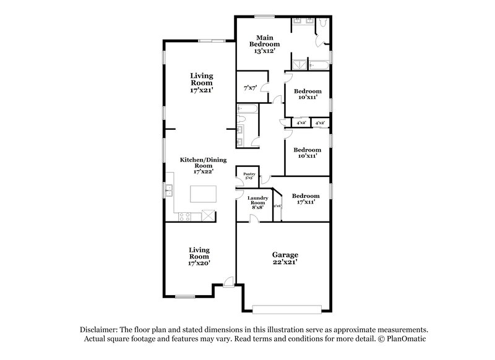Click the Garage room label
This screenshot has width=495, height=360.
click(286, 254)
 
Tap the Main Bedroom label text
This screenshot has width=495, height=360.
click(265, 41)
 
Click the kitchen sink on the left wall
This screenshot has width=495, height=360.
click(168, 189)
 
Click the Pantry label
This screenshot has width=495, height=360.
click(249, 174)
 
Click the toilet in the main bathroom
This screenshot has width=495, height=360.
click(322, 24)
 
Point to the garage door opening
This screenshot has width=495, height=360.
click(287, 307)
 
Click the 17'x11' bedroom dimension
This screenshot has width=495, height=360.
click(306, 202)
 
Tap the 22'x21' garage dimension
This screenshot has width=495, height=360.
click(286, 262)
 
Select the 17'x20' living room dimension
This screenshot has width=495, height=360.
click(199, 262)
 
